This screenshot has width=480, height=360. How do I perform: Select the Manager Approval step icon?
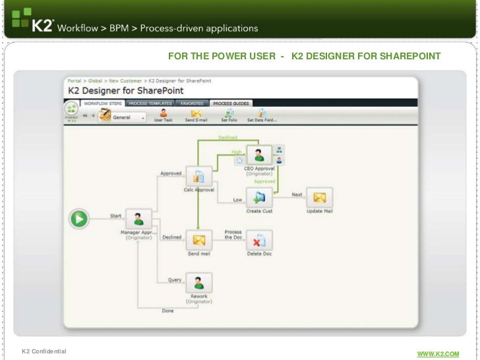138,220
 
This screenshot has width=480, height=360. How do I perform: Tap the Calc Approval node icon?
198,177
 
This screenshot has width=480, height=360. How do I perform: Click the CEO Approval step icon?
258,156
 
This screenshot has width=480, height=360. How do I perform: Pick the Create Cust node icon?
258,198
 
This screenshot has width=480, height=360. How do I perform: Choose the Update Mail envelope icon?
319,198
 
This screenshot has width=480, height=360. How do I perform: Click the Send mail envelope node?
198,240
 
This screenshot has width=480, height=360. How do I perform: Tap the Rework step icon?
198,283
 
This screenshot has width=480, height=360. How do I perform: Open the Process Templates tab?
150,104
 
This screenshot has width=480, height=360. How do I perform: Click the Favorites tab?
192,104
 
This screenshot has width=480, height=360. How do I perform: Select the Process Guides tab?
231,104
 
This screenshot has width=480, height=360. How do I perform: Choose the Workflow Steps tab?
102,104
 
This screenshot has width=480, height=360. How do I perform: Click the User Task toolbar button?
164,115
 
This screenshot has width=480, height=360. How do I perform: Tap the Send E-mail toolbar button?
196,115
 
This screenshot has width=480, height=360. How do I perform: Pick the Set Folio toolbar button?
229,115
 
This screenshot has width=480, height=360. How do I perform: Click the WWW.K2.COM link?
437,354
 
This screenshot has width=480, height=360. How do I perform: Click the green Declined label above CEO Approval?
227,138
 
